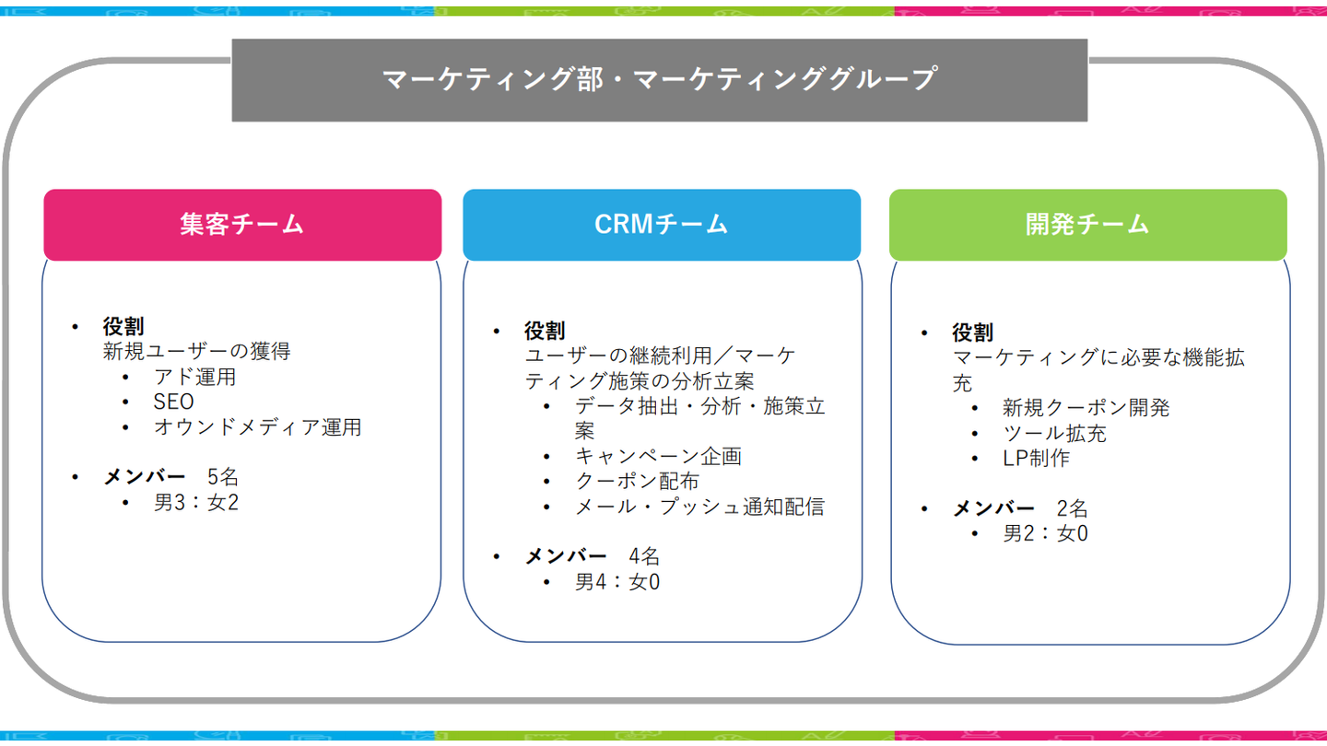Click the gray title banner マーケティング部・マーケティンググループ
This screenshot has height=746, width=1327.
pos(659,79)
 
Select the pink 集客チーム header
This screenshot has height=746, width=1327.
pos(242,224)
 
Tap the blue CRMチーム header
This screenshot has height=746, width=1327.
pos(661,224)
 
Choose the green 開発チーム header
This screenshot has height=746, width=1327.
pos(1087,224)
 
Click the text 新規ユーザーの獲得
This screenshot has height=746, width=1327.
pos(196,351)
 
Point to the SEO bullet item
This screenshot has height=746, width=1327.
pos(173,402)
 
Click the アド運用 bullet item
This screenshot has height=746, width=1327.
pos(195,377)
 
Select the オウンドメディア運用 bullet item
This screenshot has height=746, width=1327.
pos(257,427)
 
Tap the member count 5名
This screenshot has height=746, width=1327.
pos(223,477)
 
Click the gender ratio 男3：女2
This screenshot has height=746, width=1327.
pos(196,503)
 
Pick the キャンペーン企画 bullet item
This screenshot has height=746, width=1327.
pos(658,456)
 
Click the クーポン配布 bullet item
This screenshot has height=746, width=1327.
pos(637,481)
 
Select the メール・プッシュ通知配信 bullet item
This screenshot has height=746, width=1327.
pos(699,507)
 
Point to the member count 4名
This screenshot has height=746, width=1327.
pos(645,556)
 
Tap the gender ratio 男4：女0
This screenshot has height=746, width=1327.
pos(617,582)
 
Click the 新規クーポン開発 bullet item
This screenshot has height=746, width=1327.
pos(1086,408)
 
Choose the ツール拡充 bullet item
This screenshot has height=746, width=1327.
pos(1054,433)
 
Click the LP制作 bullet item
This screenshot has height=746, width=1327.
pos(1036,459)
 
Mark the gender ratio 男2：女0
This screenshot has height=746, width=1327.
pos(1045,533)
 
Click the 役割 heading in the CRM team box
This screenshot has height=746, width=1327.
pos(545,330)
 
